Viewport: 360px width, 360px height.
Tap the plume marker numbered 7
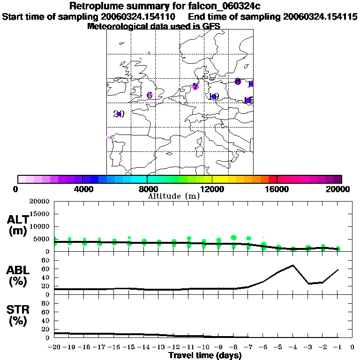[195, 86]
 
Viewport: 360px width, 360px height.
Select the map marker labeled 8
[238, 82]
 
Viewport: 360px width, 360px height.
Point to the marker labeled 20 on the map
[119, 114]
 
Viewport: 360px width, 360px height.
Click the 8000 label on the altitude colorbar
[147, 189]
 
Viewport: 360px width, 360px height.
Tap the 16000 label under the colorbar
[277, 189]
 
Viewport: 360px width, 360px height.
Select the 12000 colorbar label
[212, 189]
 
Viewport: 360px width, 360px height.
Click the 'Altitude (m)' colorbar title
[173, 196]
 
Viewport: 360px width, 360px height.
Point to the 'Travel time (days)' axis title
[205, 356]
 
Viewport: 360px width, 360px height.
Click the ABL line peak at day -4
[293, 265]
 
